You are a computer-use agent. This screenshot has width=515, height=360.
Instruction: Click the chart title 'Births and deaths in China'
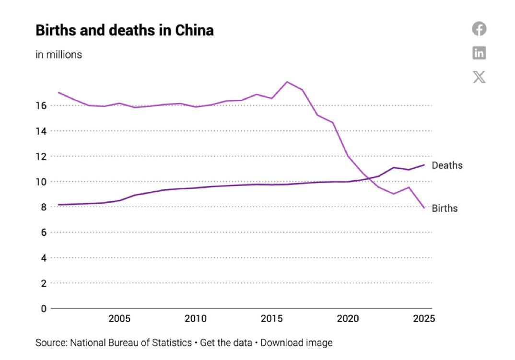(124, 31)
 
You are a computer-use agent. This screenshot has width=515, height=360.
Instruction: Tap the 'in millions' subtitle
(59, 55)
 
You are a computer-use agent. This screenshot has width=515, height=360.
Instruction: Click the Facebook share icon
(479, 29)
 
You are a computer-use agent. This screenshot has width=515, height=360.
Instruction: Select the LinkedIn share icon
(479, 53)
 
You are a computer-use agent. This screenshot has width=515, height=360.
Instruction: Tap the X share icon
(479, 77)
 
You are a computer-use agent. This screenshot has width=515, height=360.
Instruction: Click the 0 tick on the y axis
(43, 308)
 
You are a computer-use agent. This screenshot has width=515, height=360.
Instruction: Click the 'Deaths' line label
(447, 165)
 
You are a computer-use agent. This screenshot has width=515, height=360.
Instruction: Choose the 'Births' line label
(445, 209)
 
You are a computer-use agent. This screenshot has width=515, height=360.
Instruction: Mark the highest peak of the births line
(287, 82)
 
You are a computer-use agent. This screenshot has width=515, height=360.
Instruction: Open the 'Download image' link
(296, 343)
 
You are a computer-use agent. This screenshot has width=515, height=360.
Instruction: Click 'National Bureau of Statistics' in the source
(130, 343)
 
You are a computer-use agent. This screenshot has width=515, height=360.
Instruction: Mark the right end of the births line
(424, 208)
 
